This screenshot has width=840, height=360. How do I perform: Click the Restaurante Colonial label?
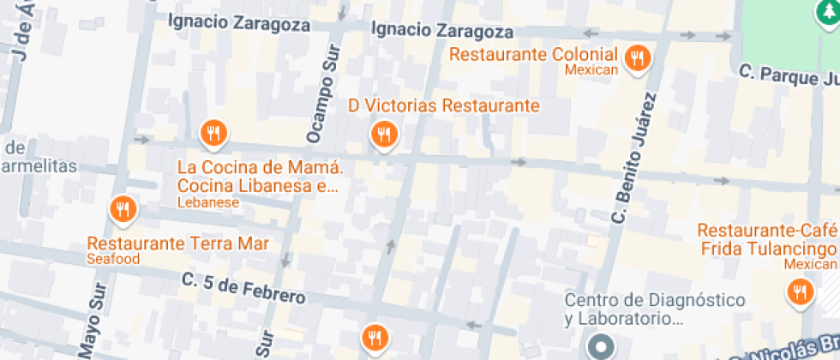tap(533, 54)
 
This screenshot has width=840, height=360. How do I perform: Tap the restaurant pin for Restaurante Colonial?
tap(637, 58)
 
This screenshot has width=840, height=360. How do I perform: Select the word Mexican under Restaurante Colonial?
tap(591, 69)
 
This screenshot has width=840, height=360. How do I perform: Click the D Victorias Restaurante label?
tap(444, 105)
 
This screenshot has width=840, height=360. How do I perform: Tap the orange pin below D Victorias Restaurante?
tap(382, 134)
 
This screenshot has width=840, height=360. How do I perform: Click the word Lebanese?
tap(207, 203)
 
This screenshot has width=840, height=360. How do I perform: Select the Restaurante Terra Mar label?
tap(178, 243)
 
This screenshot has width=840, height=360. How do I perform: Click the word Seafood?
tap(113, 258)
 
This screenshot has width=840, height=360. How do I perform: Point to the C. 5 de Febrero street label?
tap(243, 288)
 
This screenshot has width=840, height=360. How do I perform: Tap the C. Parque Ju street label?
tap(789, 77)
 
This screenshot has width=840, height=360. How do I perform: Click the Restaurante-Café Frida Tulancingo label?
tap(766, 240)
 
